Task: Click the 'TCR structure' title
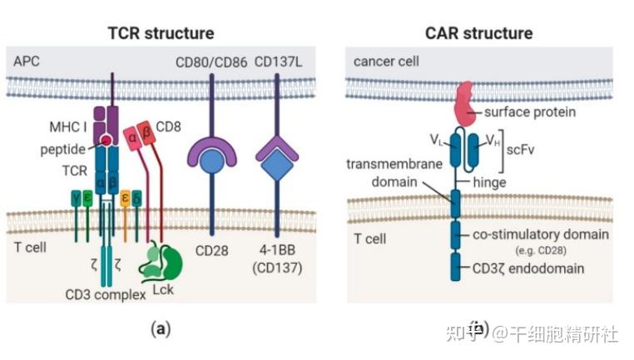click(161, 33)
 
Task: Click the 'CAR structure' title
click(480, 33)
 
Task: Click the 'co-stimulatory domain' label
click(541, 234)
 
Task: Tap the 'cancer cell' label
click(386, 61)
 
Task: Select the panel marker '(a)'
click(160, 328)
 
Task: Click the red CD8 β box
click(148, 133)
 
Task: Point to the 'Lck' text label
click(165, 293)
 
